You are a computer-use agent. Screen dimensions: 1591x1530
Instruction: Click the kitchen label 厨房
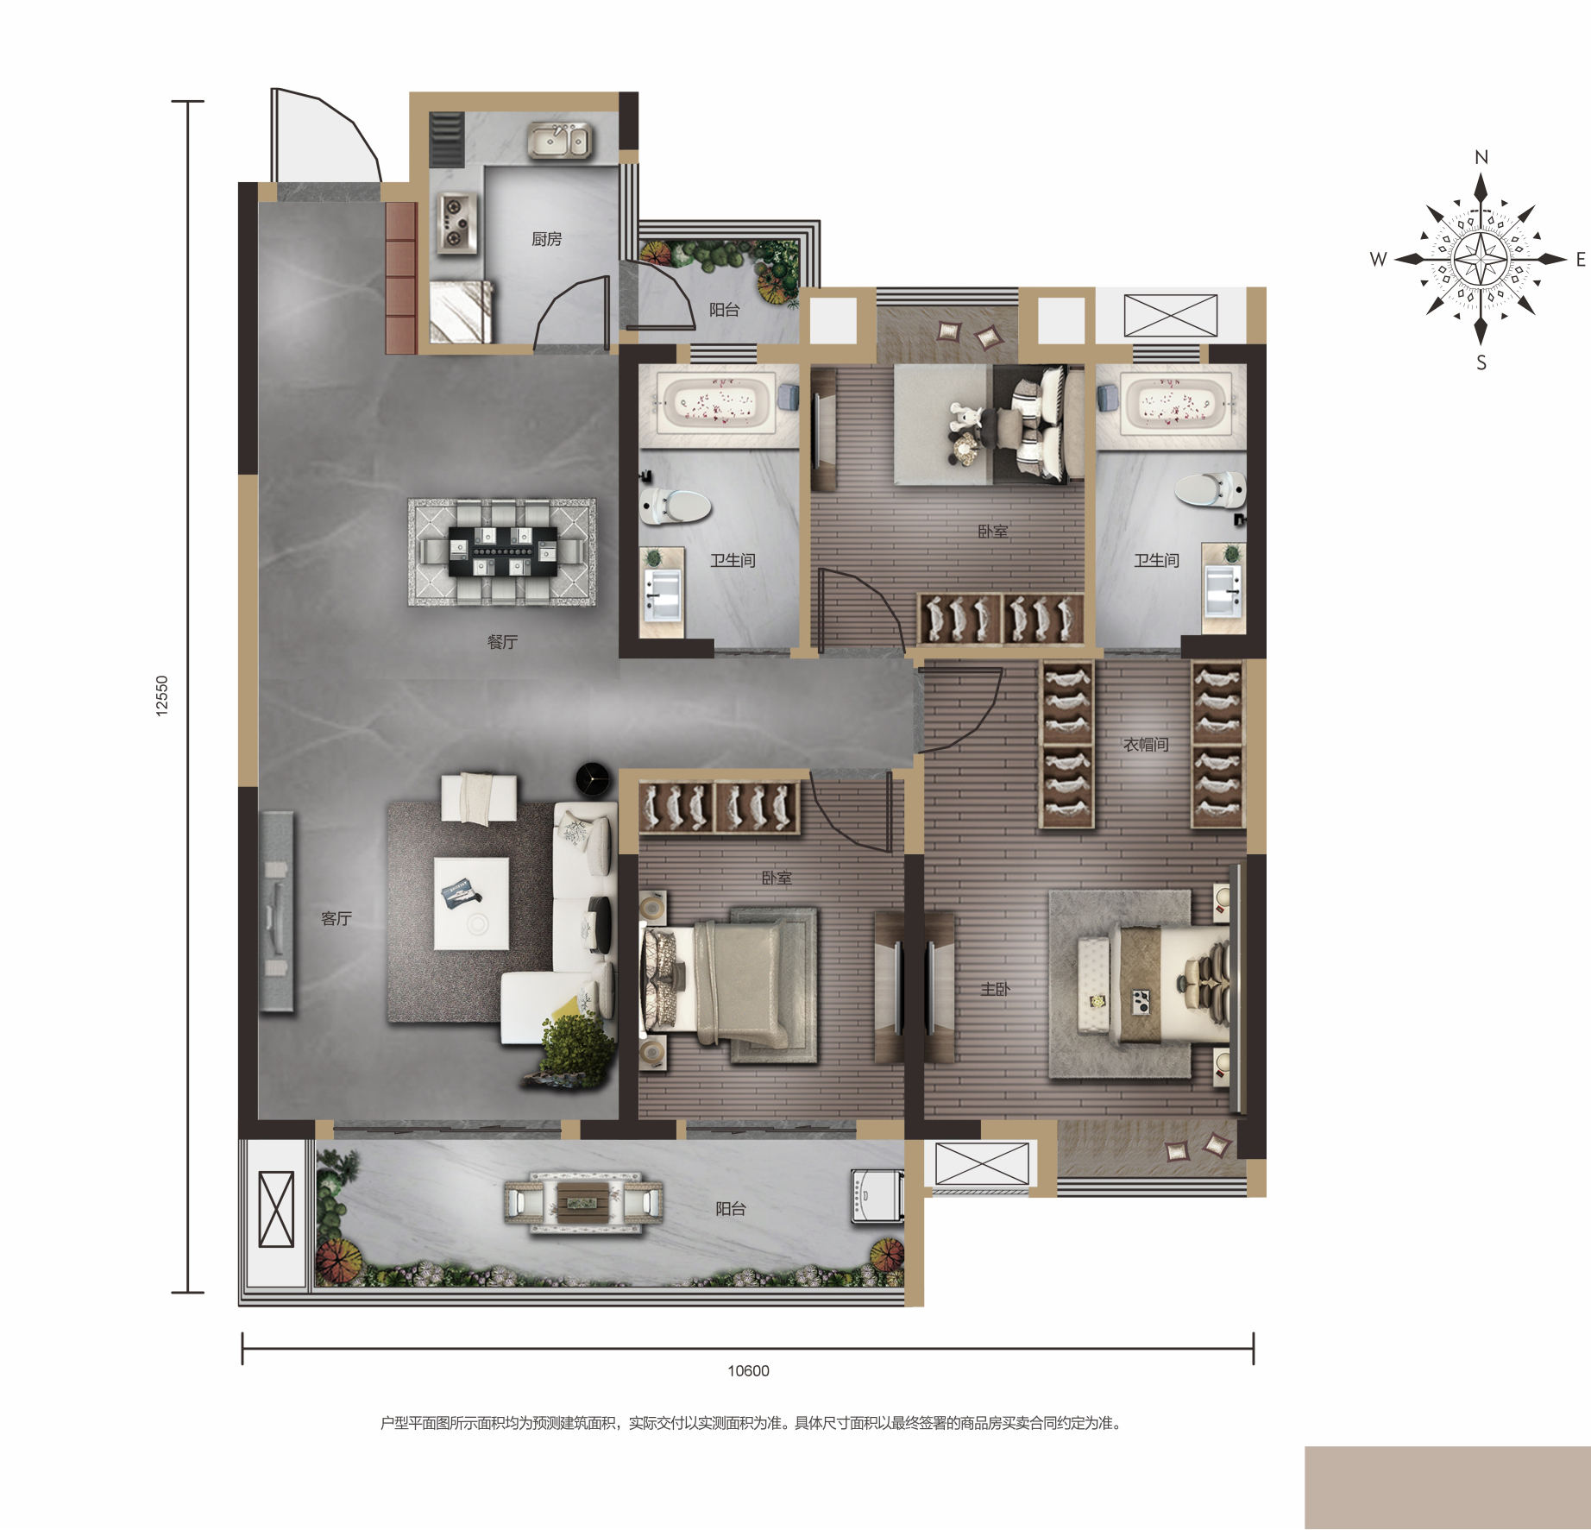point(546,239)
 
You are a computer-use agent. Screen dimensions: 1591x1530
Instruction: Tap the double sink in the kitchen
point(558,141)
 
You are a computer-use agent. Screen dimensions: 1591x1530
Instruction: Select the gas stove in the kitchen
point(456,223)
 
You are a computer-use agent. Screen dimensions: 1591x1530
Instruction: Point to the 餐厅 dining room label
point(502,642)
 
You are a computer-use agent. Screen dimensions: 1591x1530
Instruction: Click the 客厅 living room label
point(336,919)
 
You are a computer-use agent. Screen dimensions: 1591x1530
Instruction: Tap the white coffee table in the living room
point(471,903)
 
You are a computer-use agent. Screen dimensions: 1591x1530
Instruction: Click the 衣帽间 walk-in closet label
point(1146,744)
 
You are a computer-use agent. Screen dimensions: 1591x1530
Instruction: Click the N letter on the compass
point(1481,157)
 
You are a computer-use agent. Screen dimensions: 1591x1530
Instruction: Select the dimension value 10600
point(748,1371)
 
